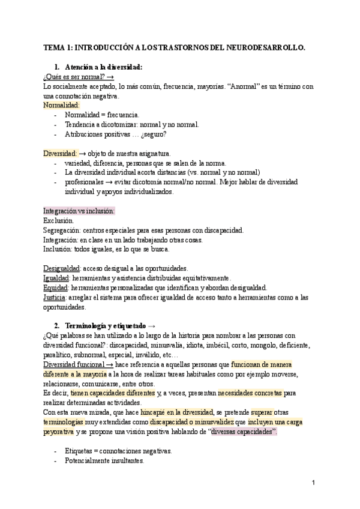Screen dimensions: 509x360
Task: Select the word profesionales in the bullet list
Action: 84,182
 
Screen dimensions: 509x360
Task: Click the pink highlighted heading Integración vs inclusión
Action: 79,211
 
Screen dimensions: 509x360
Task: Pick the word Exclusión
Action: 59,221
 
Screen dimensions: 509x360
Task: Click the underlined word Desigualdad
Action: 62,268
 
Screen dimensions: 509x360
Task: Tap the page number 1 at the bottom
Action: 313,482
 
